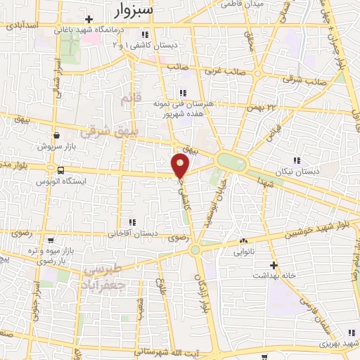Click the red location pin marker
coord(180,166)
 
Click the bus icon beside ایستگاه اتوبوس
coord(60,170)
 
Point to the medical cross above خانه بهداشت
coord(274,265)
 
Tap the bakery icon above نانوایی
coord(243,240)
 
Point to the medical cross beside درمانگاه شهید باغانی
coord(89,19)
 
